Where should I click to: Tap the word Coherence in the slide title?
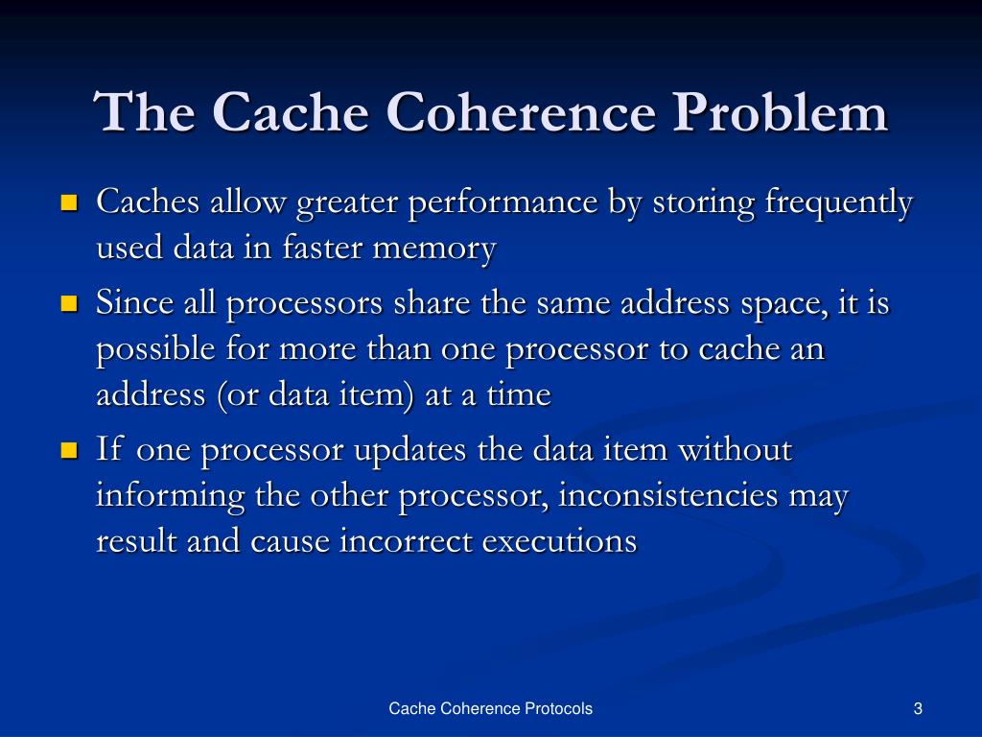tap(521, 112)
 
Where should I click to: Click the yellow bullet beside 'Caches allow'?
tap(68, 203)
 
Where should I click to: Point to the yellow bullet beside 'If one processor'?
tap(68, 450)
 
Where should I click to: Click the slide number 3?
tap(918, 709)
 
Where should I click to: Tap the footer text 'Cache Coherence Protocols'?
tap(490, 709)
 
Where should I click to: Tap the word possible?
tap(150, 350)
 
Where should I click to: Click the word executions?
tap(559, 541)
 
